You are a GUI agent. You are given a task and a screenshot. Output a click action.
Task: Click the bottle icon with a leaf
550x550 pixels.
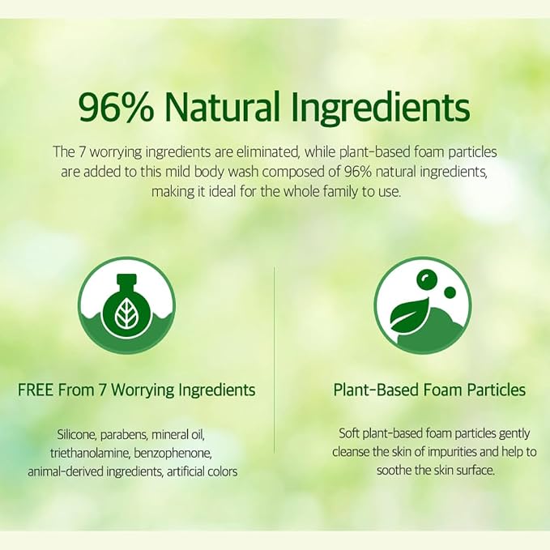(126, 306)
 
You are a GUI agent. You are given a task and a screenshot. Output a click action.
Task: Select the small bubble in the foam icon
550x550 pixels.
(450, 292)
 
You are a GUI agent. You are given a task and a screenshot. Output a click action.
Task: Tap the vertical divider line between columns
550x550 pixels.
(274, 360)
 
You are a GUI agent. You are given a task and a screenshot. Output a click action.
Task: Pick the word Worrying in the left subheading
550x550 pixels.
(143, 390)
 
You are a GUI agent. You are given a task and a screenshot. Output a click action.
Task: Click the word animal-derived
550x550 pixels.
(66, 471)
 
